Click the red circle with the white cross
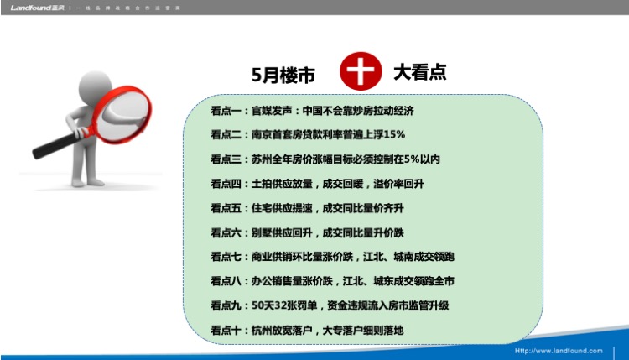tap(361, 70)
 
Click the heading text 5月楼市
tap(283, 75)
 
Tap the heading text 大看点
tap(420, 72)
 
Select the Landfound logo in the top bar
tap(37, 8)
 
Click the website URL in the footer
tap(559, 351)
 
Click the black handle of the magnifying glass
tap(55, 146)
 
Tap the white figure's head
tap(95, 87)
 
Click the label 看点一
tap(226, 111)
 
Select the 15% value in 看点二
tap(394, 134)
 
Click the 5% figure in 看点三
tap(412, 159)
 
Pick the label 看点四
tap(226, 184)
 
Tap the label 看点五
tap(226, 208)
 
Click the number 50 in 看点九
tap(257, 305)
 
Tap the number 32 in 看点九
tap(280, 305)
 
